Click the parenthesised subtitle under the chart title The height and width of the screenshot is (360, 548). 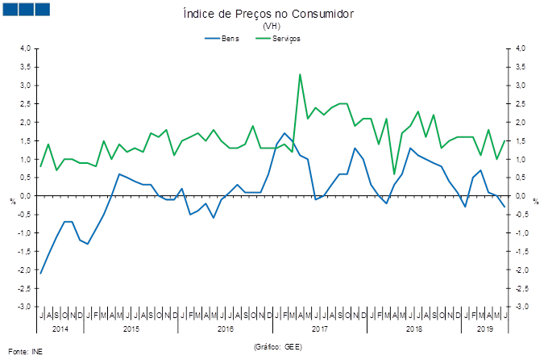point(272,27)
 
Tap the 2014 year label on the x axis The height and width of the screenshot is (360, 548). point(60,329)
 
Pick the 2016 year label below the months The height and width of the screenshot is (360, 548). point(225,329)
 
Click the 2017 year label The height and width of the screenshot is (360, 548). point(319,329)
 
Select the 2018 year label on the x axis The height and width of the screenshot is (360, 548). point(413,329)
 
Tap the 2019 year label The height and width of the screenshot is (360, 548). point(485,329)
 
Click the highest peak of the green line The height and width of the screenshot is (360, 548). point(301,74)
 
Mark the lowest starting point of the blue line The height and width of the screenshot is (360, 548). point(41,274)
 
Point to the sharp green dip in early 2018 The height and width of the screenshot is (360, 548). point(395,174)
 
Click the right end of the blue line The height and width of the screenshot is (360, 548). point(505,207)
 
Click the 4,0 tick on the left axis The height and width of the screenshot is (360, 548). point(25,48)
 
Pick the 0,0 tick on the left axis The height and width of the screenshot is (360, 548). point(25,196)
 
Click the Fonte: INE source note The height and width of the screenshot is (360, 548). point(25,352)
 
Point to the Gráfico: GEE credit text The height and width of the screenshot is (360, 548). point(277,346)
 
